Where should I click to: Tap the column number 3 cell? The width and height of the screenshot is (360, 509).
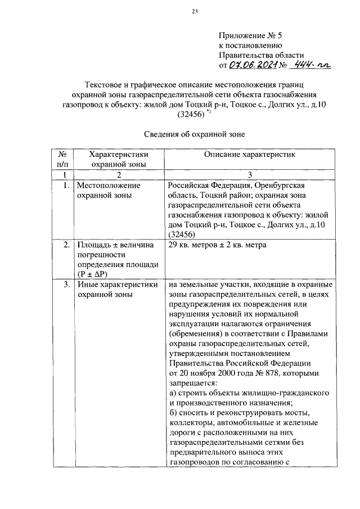pos(250,175)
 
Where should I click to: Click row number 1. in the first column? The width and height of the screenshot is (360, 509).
pos(66,184)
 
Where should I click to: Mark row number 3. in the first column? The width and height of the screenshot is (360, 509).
pos(66,285)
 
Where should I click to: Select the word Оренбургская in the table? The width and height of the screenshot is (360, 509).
pos(287,184)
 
